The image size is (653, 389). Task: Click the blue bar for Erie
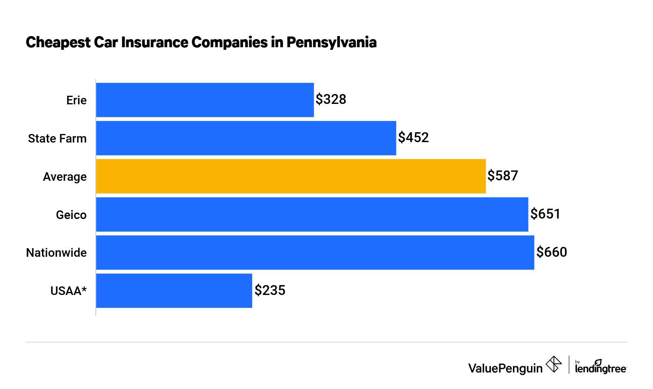(x=205, y=100)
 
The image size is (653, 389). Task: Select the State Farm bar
(x=246, y=138)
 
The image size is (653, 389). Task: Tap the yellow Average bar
(x=291, y=176)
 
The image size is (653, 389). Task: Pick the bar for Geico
(x=312, y=214)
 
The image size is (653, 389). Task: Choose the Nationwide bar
(x=315, y=252)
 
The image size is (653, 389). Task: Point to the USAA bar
(x=174, y=291)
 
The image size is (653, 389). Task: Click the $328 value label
(x=331, y=99)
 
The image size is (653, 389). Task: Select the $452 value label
(x=413, y=137)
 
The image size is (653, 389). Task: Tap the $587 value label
(x=503, y=176)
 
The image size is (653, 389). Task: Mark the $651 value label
(x=545, y=214)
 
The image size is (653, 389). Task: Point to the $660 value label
(x=552, y=252)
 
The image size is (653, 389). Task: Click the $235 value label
(x=270, y=290)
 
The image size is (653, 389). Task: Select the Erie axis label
(x=76, y=100)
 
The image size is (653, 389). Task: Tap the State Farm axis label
(x=57, y=139)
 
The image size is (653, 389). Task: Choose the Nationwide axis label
(x=56, y=253)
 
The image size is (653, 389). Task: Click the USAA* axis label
(x=68, y=291)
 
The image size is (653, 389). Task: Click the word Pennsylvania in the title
(x=331, y=43)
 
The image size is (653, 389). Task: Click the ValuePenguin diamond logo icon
(x=553, y=365)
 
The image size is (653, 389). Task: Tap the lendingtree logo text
(x=600, y=368)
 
